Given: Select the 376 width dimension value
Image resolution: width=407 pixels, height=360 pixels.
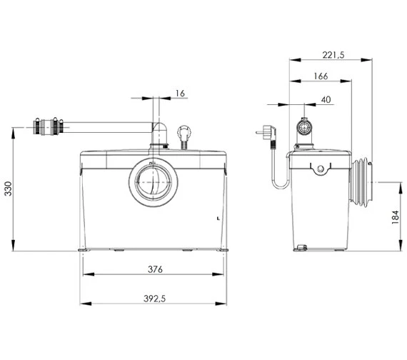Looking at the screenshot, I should coord(155,270).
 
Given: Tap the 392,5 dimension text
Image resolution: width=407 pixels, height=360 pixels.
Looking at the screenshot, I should coord(155,299).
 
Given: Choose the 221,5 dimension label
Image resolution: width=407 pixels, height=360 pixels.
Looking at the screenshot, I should coord(332,55).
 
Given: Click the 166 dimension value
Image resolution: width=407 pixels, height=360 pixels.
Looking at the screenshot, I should coord(321,76).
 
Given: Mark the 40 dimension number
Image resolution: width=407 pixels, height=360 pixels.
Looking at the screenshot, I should coord(325,101).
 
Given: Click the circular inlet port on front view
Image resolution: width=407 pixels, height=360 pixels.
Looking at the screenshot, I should coord(151,181).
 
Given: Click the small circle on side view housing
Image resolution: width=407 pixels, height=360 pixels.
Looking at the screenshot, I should coord(321,169).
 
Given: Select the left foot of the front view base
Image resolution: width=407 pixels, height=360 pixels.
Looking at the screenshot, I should coord(83,250).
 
